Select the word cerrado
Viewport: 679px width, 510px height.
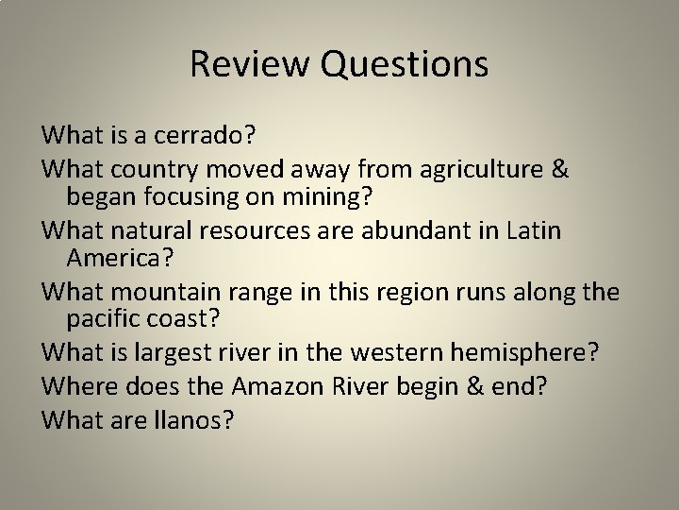[x=201, y=135]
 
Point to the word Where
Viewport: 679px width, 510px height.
[x=76, y=384]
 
